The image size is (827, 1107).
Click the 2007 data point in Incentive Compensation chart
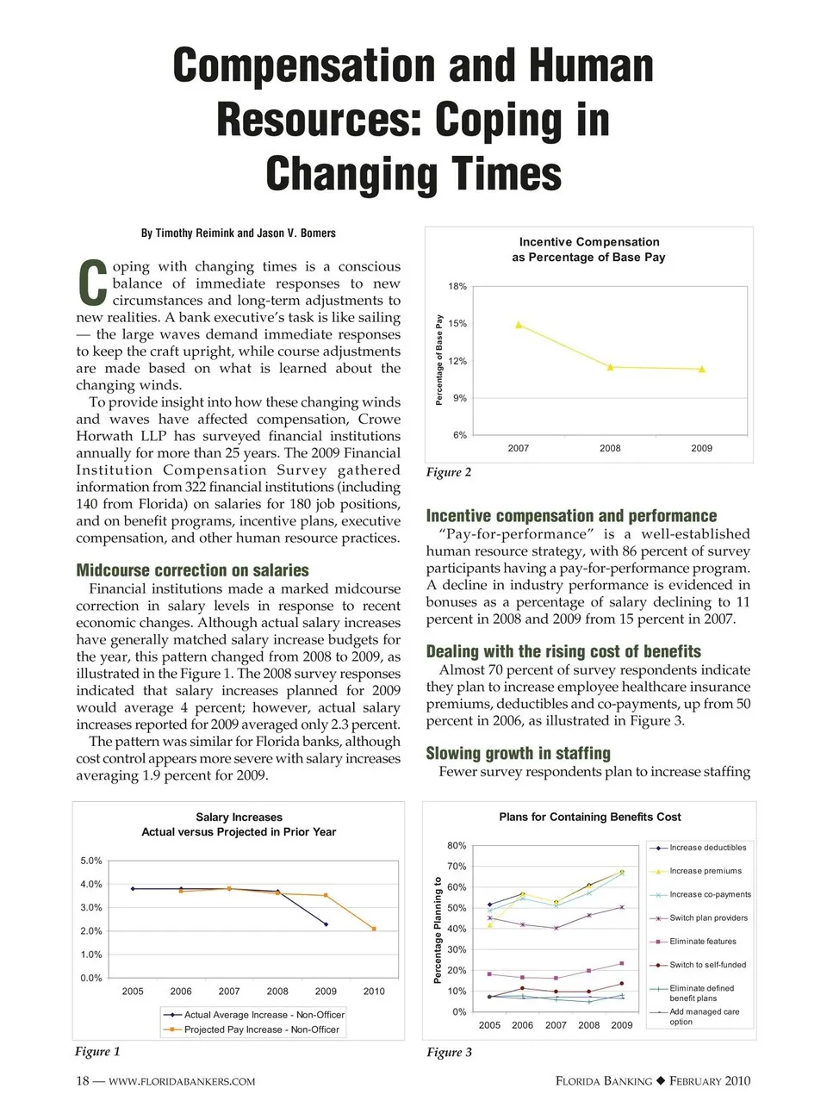coord(519,325)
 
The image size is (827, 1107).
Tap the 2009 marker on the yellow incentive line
coord(702,370)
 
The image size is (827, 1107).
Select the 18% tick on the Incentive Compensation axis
coord(457,286)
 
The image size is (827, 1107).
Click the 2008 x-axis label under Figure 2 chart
coord(610,448)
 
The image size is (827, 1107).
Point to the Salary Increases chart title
coord(239,824)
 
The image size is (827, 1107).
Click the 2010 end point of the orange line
coord(374,929)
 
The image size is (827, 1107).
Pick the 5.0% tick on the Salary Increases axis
coord(91,861)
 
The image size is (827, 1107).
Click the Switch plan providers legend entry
coord(708,917)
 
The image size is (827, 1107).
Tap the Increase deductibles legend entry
coord(707,848)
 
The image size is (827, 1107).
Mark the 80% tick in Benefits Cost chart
coord(457,846)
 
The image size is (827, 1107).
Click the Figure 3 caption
coord(449,1052)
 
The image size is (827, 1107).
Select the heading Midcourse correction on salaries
coord(192,570)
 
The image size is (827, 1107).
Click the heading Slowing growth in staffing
coord(518,754)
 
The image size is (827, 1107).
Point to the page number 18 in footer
coord(83,1081)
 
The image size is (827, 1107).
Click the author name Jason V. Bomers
coord(296,233)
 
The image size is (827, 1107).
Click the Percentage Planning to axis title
coord(438,930)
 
